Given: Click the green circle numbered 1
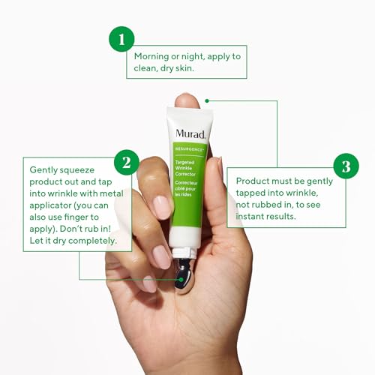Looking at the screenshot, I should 121,38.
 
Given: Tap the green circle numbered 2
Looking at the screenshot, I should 126,161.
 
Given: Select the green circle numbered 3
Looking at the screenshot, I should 346,166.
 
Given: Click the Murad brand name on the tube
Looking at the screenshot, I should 190,133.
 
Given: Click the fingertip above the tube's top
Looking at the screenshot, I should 187,99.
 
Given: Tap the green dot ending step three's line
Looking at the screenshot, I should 207,100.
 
